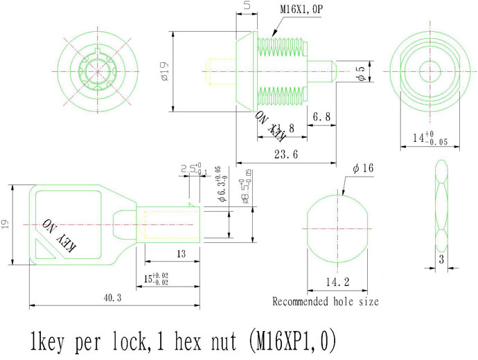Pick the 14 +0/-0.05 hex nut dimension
(x=424, y=138)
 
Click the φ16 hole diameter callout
(x=363, y=169)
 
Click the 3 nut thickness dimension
(x=441, y=260)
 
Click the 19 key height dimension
(x=6, y=224)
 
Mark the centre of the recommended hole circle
(x=339, y=227)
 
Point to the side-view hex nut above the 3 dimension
(x=442, y=208)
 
